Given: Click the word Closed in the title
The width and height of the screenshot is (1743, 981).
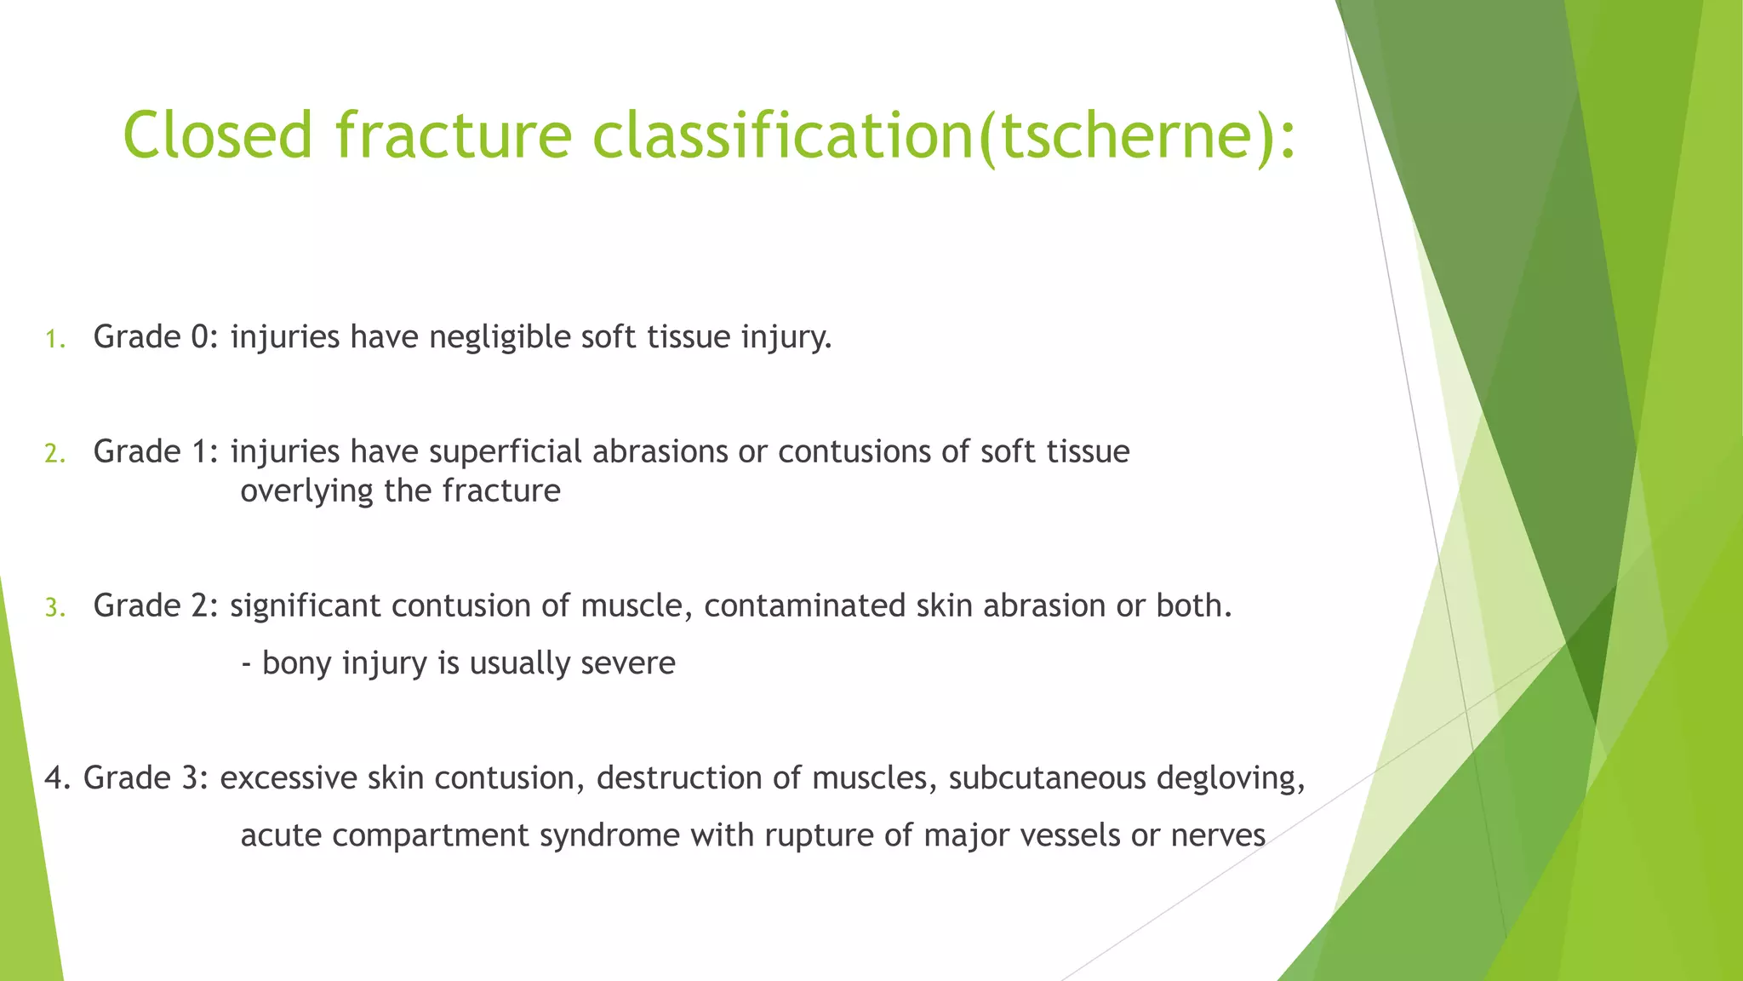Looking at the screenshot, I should click(x=218, y=135).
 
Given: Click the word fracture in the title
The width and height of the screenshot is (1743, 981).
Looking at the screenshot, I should click(x=453, y=135).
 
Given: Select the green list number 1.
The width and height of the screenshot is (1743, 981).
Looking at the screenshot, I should click(x=54, y=341).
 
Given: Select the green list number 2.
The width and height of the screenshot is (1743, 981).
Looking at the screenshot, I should click(x=54, y=455).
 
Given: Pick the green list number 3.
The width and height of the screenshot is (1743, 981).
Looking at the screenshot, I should click(x=54, y=609).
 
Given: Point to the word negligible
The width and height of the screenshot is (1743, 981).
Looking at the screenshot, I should click(x=500, y=338).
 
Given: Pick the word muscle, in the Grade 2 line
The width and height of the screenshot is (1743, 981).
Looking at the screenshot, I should click(x=637, y=605).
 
